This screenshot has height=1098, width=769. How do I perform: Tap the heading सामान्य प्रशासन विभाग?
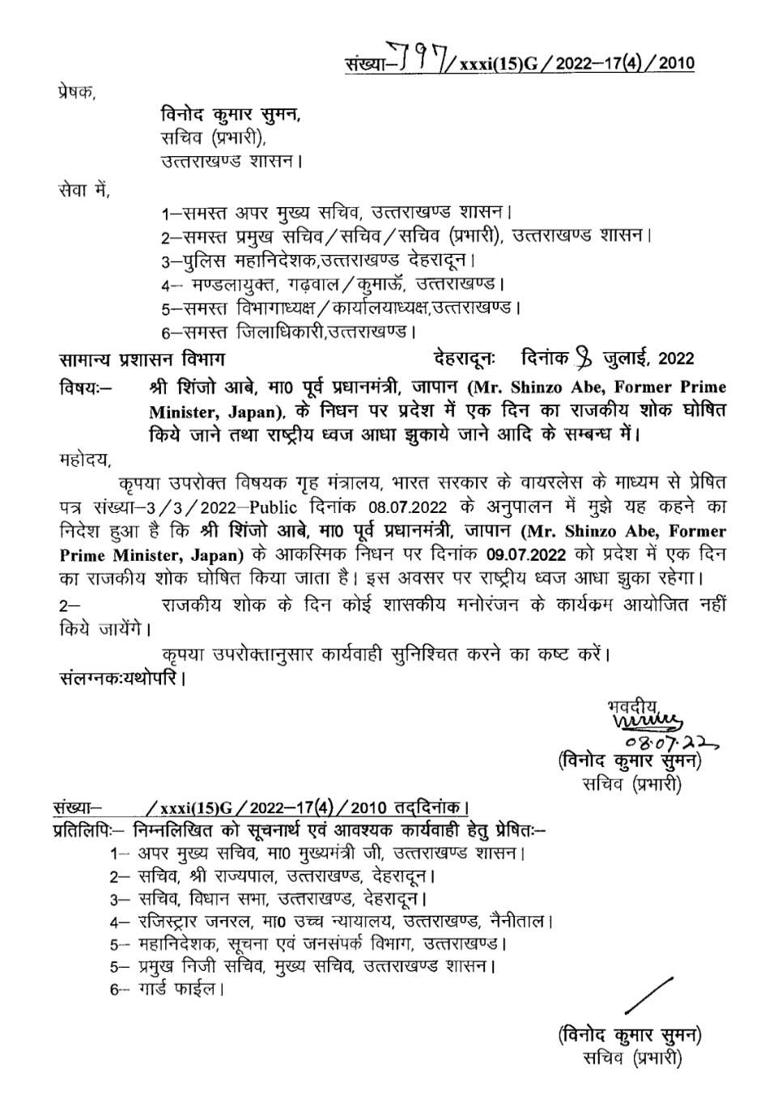pyautogui.click(x=142, y=358)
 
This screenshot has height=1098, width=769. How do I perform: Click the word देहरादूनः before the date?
pyautogui.click(x=467, y=358)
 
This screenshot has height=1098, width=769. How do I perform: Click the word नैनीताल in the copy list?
pyautogui.click(x=520, y=921)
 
